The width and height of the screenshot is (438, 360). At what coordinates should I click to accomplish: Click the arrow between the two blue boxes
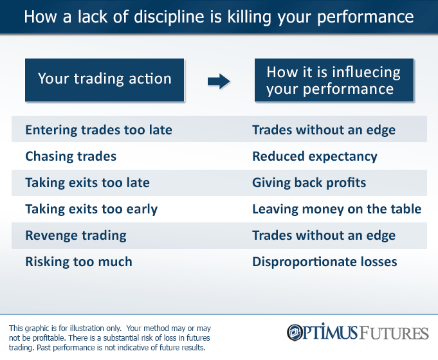click(219, 80)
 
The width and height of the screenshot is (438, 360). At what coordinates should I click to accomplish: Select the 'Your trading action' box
click(105, 79)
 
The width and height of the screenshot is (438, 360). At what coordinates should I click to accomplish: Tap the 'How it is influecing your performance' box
click(333, 80)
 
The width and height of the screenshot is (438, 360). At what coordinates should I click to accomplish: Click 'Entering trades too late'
click(98, 130)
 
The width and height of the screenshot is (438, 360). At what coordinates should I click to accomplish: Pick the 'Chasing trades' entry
click(71, 156)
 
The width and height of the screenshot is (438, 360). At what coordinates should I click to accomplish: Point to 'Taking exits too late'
click(87, 183)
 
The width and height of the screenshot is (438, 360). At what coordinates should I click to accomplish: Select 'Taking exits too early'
click(91, 209)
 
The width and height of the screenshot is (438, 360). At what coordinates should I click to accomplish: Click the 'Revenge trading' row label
click(76, 235)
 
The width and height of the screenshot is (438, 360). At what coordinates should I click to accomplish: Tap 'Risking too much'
click(78, 262)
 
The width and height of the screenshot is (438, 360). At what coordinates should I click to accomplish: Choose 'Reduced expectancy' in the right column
click(315, 156)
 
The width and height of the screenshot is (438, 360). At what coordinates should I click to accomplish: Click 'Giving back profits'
click(309, 183)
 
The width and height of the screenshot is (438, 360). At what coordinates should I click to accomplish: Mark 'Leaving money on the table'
click(336, 209)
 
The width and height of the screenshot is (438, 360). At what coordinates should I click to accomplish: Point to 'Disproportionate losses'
click(324, 262)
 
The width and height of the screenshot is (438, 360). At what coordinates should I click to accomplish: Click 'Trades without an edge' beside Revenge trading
click(324, 235)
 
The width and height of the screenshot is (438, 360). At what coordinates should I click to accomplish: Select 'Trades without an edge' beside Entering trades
click(324, 130)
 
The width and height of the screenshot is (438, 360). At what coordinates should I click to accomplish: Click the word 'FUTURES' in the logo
click(393, 333)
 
